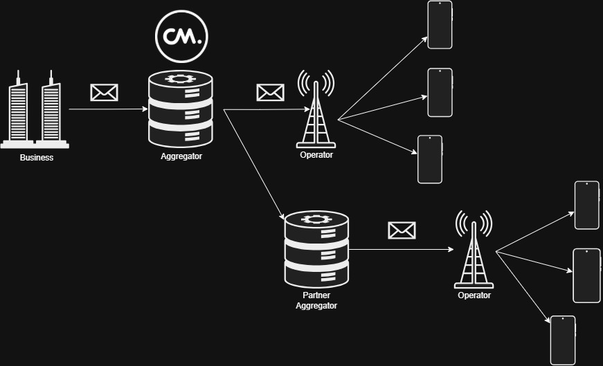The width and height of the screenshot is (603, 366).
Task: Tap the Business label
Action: pos(37,158)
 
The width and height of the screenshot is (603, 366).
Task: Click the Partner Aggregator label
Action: pos(316,300)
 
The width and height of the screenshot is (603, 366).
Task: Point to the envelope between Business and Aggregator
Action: pos(104,92)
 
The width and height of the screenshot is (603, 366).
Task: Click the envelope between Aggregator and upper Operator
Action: pos(270,92)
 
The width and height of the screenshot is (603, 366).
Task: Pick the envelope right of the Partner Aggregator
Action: pos(402,230)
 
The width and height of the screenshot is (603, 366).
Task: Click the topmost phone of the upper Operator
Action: pos(440,25)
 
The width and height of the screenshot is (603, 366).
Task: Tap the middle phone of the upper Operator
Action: pos(440,93)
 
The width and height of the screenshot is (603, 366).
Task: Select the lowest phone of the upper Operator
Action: pos(430,159)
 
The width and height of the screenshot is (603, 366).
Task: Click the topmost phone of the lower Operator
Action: pos(587,205)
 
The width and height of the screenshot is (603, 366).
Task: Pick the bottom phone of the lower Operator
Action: pos(562,340)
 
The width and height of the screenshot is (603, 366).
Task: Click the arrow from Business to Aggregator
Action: pos(107,109)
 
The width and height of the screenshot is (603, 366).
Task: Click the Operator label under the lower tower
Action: pos(474,295)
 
